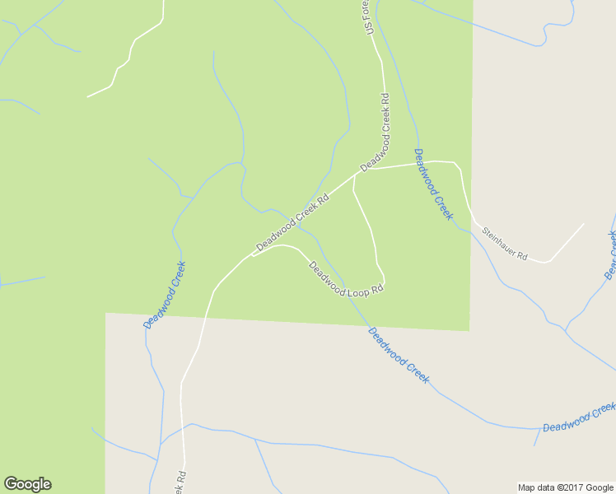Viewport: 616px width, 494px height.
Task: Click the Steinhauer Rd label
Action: [x=504, y=245]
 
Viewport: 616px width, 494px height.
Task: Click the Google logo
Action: [x=27, y=484]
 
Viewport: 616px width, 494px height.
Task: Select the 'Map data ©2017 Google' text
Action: [x=565, y=487]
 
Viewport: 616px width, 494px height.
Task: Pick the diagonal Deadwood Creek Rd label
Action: [x=292, y=222]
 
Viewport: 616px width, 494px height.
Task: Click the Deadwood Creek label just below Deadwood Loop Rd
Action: [x=399, y=355]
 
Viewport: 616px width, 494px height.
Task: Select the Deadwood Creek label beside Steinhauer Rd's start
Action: [x=433, y=184]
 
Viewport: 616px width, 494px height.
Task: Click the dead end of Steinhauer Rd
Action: [x=584, y=223]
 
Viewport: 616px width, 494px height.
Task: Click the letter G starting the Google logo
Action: [x=11, y=484]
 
